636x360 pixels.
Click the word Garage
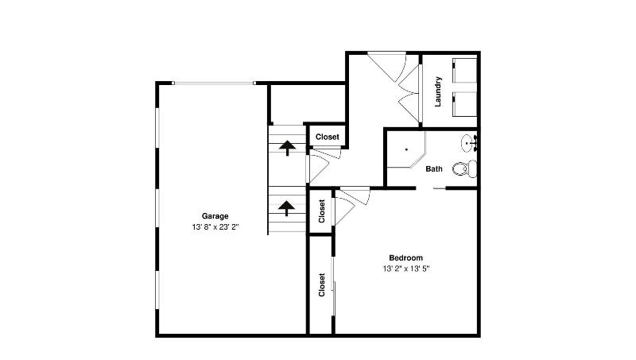(215, 216)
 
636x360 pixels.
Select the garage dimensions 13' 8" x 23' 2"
(215, 227)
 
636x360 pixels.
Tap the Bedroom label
(405, 257)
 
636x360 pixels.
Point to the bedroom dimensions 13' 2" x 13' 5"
(405, 269)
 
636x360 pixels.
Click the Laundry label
(438, 91)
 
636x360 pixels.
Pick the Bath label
(434, 168)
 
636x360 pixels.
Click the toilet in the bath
(465, 168)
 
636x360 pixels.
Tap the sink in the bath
(469, 143)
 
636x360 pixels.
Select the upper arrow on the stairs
(287, 148)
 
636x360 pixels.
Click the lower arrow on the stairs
(287, 208)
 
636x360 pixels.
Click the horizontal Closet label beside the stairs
(328, 137)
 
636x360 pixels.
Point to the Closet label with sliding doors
(322, 285)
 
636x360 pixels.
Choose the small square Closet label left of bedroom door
(322, 211)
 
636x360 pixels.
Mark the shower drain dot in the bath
(406, 149)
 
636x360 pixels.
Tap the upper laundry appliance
(465, 70)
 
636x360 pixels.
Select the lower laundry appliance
(465, 104)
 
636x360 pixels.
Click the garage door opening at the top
(214, 83)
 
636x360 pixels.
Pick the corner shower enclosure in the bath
(405, 149)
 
